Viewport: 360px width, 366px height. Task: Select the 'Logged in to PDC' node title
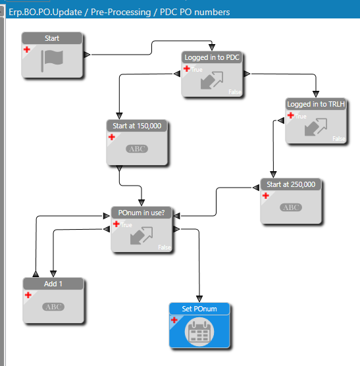point(212,57)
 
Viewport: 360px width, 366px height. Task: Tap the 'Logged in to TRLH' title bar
point(316,104)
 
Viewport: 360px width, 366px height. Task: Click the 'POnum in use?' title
point(141,213)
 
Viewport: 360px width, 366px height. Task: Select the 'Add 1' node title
point(53,284)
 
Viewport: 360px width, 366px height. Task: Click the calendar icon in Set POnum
point(199,332)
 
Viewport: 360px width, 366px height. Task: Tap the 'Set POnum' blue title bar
point(199,309)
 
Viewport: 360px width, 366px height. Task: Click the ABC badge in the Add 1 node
point(53,307)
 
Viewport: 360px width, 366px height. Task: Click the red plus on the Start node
point(27,49)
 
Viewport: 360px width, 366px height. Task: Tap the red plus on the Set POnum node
point(174,320)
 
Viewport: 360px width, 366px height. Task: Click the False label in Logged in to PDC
point(235,92)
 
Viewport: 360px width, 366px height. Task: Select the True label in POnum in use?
point(126,225)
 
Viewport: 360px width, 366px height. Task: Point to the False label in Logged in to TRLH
point(339,139)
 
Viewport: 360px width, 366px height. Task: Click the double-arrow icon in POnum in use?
point(141,236)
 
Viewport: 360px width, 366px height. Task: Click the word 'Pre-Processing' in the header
point(121,12)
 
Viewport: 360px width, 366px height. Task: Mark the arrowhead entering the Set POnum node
point(199,299)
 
